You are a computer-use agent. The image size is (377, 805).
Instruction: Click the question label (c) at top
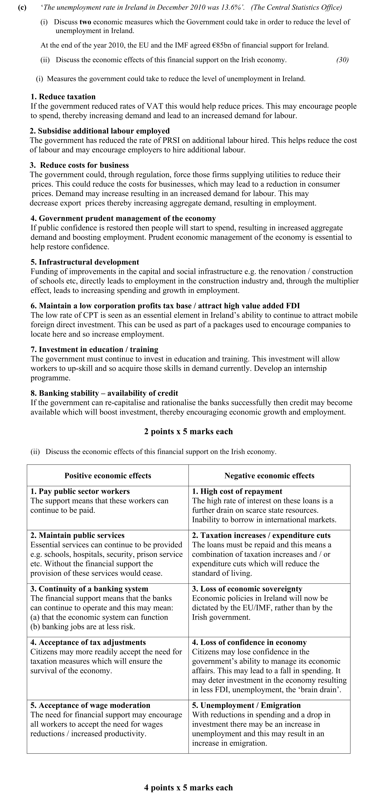pos(22,7)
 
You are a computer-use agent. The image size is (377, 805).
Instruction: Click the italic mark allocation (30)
pos(342,60)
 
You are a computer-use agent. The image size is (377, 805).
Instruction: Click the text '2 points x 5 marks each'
pos(188,432)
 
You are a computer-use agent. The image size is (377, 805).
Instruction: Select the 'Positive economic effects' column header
pos(108,476)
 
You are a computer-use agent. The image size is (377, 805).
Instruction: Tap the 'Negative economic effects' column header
pos(269,476)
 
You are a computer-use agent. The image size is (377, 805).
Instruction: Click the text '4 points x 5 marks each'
pos(188,788)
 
